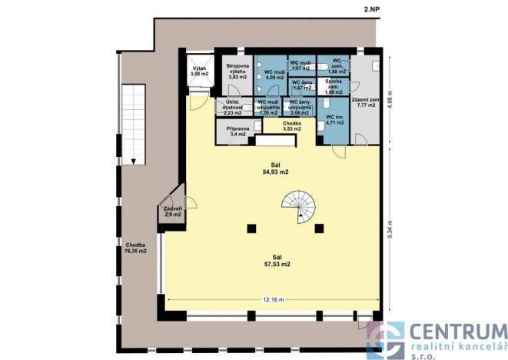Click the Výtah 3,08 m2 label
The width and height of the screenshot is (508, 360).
pos(199,72)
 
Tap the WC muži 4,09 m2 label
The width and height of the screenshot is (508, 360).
pos(274,75)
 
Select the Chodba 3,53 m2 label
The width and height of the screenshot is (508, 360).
pos(291,125)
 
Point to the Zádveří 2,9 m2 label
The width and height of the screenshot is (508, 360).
pos(172,212)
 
